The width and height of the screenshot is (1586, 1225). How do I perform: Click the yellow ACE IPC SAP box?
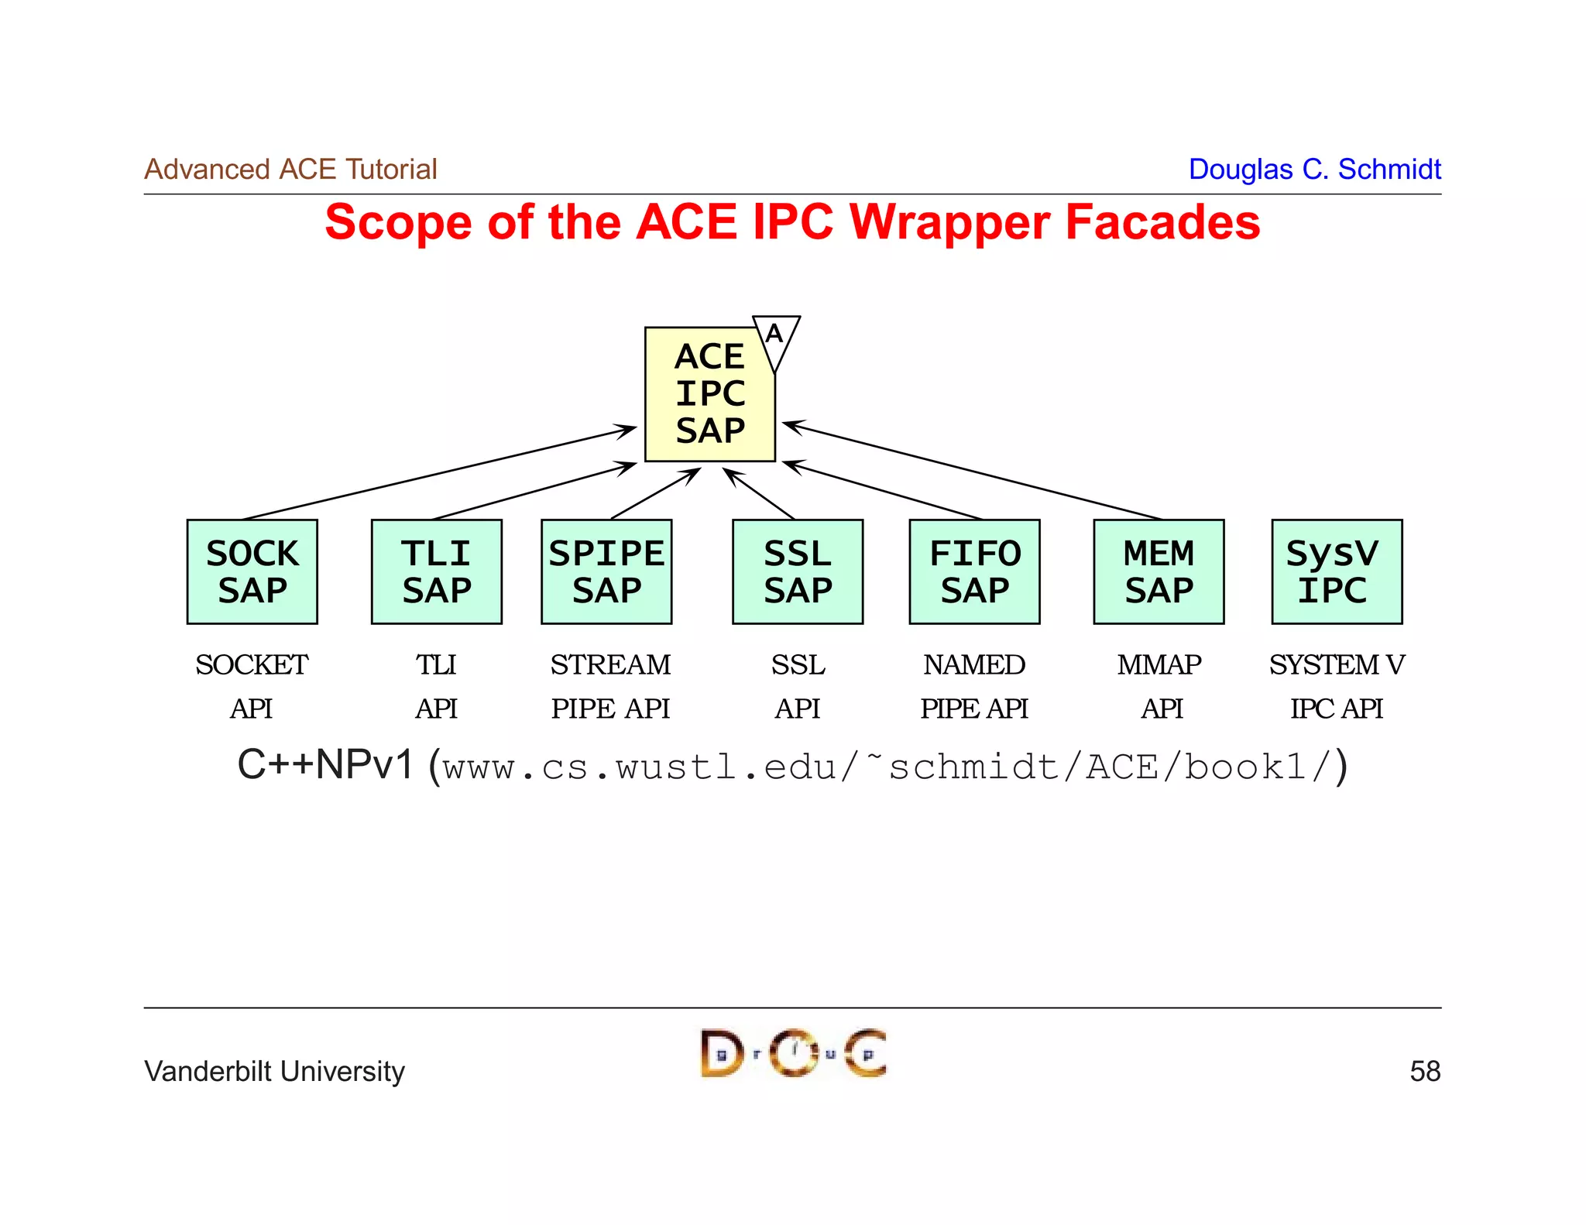click(709, 395)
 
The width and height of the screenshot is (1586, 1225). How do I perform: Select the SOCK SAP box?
click(252, 571)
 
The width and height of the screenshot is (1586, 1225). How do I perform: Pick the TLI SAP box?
click(436, 571)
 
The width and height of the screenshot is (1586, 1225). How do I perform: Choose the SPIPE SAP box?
click(606, 571)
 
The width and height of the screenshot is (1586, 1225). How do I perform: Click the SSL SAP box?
click(797, 571)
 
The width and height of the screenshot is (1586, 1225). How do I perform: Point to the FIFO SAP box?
click(974, 571)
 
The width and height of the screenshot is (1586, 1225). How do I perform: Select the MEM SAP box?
click(1159, 571)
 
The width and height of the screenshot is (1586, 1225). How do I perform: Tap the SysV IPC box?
click(1336, 571)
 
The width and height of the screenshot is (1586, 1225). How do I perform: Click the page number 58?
click(1424, 1072)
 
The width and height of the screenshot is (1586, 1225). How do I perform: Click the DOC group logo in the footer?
click(793, 1053)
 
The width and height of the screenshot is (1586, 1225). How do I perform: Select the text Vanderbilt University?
click(274, 1072)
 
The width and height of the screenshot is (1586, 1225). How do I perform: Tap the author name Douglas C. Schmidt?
click(1314, 169)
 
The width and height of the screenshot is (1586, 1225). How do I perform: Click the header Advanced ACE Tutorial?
click(290, 169)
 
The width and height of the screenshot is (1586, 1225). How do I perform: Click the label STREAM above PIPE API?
click(610, 664)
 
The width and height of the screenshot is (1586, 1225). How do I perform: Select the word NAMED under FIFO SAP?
click(973, 664)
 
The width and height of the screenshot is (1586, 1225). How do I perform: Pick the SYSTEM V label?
click(1336, 664)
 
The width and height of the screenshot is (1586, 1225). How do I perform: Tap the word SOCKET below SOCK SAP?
click(252, 664)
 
